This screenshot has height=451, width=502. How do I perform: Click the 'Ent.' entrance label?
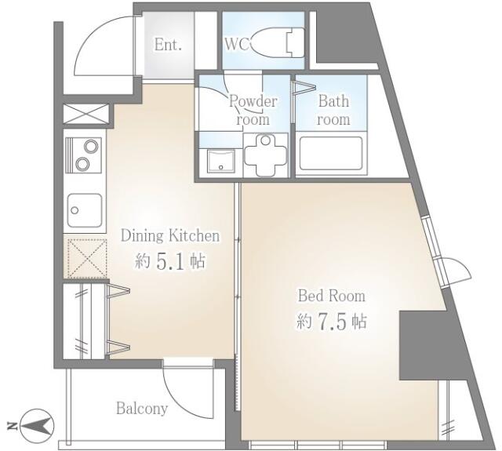pos(168,45)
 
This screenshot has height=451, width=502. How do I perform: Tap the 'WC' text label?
pos(238,45)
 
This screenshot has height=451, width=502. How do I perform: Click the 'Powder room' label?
pos(253,111)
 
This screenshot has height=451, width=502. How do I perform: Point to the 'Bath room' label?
pos(333,110)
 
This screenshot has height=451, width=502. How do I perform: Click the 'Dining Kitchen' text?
pos(169,235)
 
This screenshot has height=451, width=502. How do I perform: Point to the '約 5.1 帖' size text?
pos(169,262)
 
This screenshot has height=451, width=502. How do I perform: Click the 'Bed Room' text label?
pos(330,296)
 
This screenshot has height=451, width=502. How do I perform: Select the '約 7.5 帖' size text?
pos(330,322)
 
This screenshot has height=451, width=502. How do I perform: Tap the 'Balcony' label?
pos(142,409)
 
